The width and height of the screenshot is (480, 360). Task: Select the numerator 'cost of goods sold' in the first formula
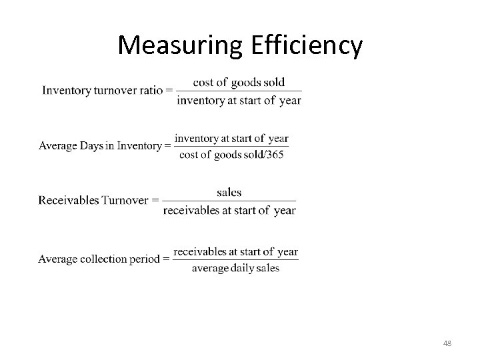pos(239,82)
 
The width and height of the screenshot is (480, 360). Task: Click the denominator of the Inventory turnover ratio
pos(239,101)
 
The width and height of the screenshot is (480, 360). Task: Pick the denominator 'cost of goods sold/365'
pos(232,155)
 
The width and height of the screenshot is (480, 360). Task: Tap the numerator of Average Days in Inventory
pos(232,138)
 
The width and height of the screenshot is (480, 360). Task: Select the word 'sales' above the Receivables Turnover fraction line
pos(229,192)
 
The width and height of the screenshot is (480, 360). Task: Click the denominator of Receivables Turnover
pos(229,211)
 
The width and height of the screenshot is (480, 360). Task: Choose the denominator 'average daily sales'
pos(235,269)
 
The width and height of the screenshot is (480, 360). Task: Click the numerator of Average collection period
pos(235,251)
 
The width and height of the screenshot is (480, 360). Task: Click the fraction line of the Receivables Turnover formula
pos(229,201)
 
